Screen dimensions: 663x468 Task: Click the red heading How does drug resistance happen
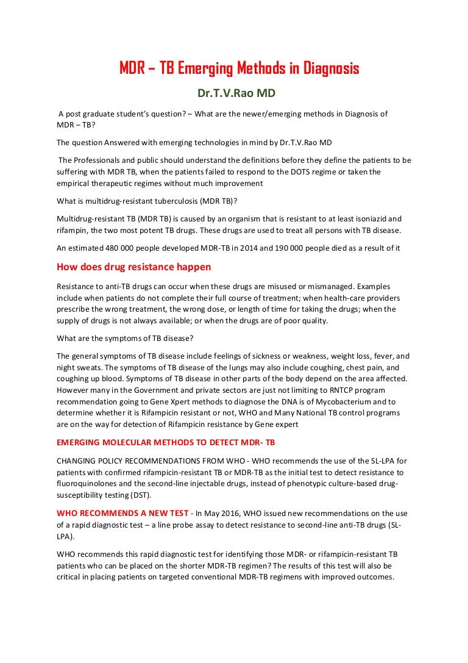[134, 267]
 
